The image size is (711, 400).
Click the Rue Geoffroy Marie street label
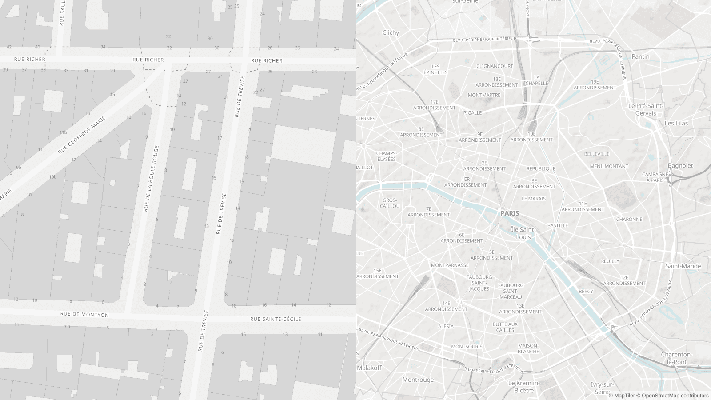click(82, 135)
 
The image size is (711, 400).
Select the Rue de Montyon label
click(84, 314)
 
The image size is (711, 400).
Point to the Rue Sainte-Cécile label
click(276, 319)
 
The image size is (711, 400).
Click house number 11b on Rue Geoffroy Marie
click(63, 132)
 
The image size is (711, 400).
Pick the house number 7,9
click(67, 327)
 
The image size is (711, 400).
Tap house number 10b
click(53, 177)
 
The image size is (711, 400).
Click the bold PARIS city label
click(510, 213)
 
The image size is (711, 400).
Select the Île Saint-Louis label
click(523, 233)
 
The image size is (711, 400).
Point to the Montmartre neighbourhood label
click(484, 95)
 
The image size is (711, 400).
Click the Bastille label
click(557, 225)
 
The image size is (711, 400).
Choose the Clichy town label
click(391, 32)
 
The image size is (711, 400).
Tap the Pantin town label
click(640, 56)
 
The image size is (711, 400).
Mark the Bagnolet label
click(680, 165)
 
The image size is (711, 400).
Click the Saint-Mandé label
click(683, 266)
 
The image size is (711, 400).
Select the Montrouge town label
click(418, 380)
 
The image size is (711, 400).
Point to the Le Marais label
click(534, 199)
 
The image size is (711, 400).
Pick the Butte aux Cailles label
click(505, 327)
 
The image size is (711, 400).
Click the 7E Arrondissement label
click(429, 212)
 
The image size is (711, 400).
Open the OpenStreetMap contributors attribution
click(672, 396)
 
